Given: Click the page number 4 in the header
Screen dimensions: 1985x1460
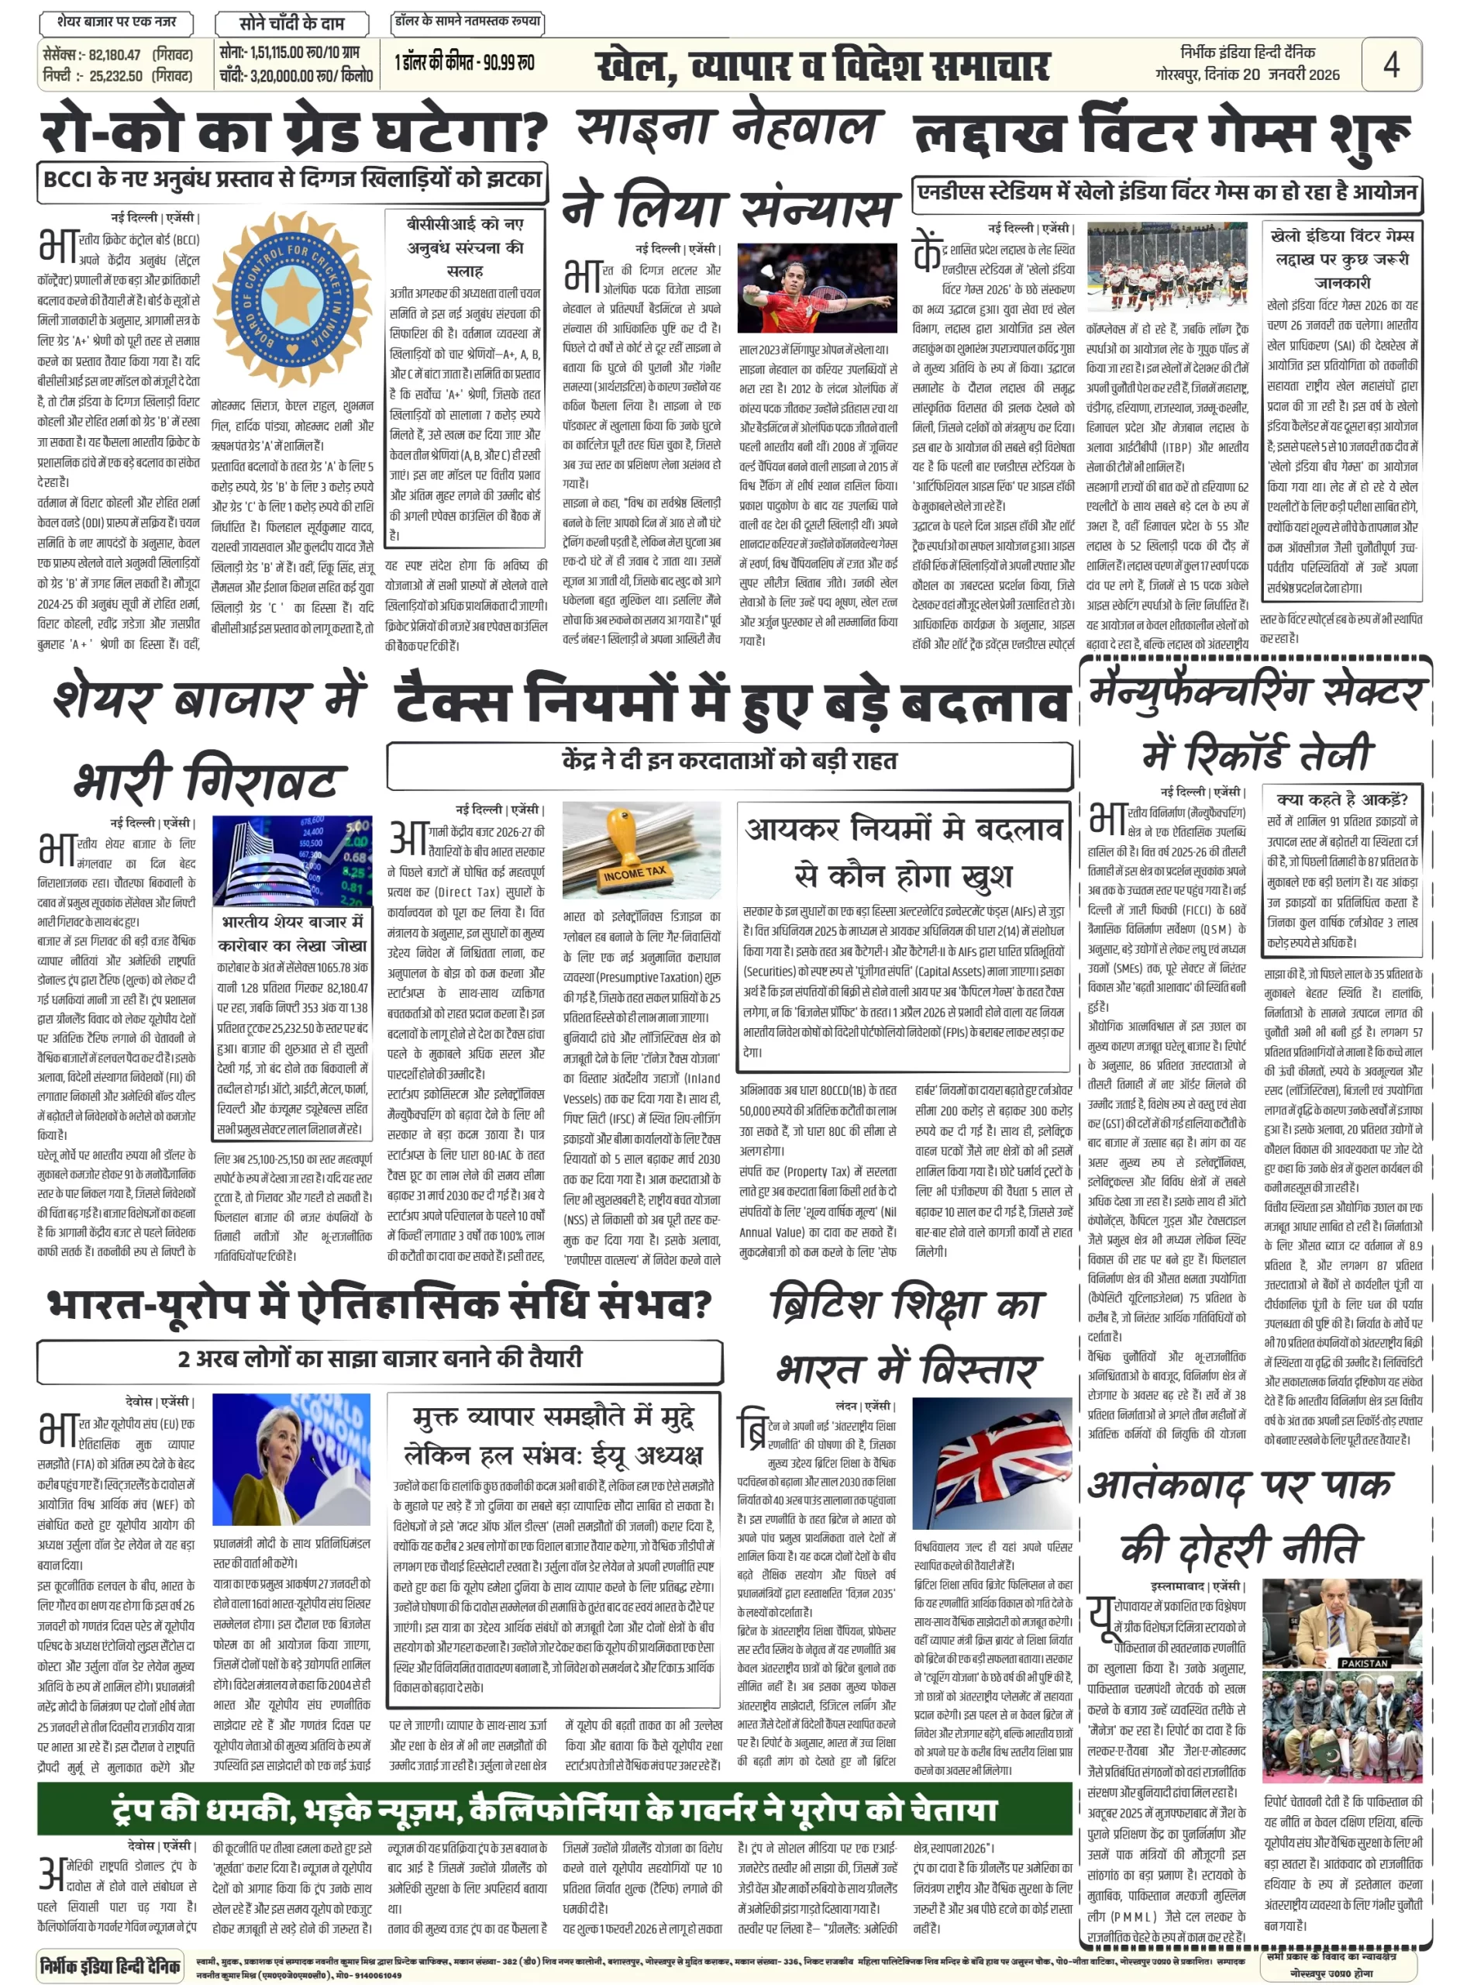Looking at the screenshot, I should pos(1390,64).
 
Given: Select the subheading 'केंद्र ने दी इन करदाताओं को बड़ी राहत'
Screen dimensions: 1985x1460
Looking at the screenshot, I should pos(729,760).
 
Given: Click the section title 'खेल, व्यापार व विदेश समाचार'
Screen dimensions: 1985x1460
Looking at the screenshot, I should pos(822,67).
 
